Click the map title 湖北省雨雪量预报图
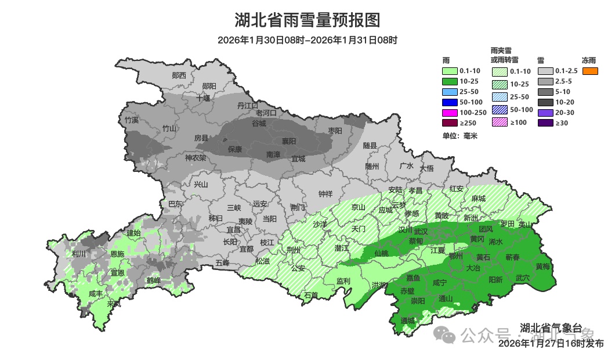pos(307,20)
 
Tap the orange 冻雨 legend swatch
pos(590,71)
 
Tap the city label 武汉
pos(420,231)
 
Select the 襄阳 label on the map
pos(289,141)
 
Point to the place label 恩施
pos(117,254)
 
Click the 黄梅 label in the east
pos(543,267)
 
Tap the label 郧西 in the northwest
pos(179,75)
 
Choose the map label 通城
pos(408,321)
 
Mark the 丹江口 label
pos(248,105)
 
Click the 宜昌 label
pos(234,230)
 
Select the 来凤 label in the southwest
pos(114,304)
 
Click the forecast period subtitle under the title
pos(307,40)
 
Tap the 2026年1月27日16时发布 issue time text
pos(551,344)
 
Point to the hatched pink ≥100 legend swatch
pos(500,122)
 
